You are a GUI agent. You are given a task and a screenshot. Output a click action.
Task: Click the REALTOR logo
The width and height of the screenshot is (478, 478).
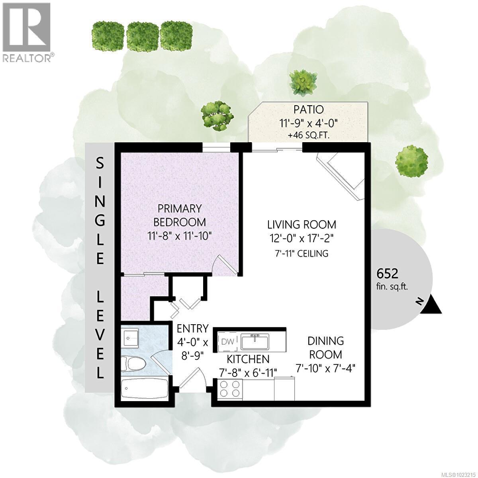pos(27,32)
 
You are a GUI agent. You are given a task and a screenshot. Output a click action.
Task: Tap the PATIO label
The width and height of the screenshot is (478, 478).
pos(308,109)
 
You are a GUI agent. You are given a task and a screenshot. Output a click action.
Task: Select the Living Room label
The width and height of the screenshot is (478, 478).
pos(302,224)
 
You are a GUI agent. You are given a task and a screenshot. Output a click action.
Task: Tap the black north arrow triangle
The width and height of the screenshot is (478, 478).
pos(431,306)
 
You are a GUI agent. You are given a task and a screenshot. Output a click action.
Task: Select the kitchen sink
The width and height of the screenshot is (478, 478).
pos(254,341)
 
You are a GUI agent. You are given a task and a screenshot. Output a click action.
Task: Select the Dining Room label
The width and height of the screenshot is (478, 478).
pos(325,347)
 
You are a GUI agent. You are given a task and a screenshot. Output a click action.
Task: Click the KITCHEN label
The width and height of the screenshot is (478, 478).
pos(248,359)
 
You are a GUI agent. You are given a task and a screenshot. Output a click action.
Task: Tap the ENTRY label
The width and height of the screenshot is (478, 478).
pos(192,329)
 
